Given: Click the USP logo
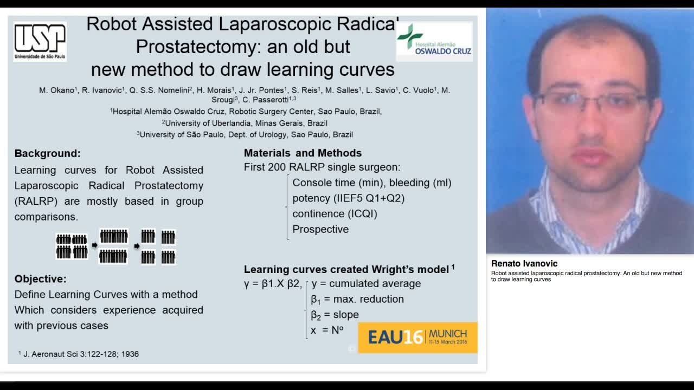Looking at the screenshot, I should click(x=40, y=41).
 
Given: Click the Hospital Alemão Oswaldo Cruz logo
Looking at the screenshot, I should click(x=434, y=41).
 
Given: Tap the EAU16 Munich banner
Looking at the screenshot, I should click(x=417, y=337).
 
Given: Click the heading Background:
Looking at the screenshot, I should click(x=48, y=153).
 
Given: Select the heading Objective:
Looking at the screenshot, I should click(x=41, y=279).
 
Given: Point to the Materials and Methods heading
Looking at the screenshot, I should click(x=303, y=153).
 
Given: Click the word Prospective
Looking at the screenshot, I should click(x=320, y=229).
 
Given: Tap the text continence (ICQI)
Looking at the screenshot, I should click(x=335, y=213).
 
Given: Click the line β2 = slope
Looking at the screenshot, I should click(x=335, y=315).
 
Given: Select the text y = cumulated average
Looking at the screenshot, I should click(x=366, y=283).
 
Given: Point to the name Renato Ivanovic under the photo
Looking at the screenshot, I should click(x=524, y=264).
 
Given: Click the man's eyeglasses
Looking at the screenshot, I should click(x=591, y=102).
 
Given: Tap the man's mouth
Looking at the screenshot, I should click(x=591, y=157).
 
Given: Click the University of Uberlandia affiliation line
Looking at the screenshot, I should click(x=246, y=123).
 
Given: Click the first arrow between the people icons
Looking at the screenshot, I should click(x=94, y=245).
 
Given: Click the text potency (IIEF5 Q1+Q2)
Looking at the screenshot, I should click(x=348, y=198).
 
